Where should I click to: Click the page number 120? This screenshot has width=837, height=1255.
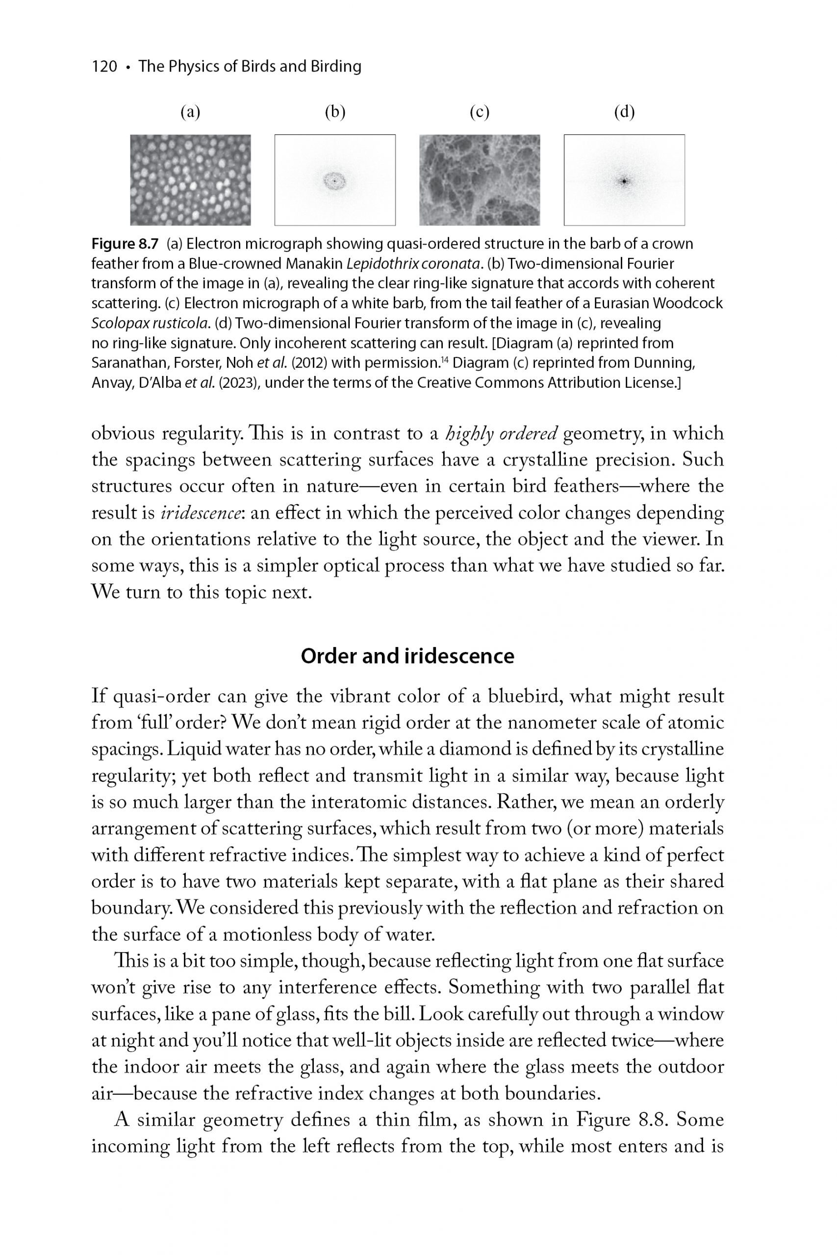tap(104, 67)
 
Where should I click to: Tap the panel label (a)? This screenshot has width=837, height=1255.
tap(190, 112)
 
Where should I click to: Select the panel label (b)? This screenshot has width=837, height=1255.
tap(335, 112)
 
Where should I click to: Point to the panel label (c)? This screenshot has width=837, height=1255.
tap(480, 112)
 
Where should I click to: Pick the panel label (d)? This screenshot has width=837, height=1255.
tap(624, 112)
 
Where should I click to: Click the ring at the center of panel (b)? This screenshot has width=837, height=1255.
tap(335, 181)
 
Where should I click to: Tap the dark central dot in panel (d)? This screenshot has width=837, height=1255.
tap(624, 181)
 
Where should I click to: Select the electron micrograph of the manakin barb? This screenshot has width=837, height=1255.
tap(190, 180)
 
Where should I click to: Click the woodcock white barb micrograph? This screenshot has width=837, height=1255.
tap(480, 180)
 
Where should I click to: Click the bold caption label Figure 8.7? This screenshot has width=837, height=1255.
tap(126, 245)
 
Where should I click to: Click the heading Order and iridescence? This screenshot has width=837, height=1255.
tap(407, 656)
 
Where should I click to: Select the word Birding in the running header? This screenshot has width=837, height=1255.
tap(335, 67)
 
